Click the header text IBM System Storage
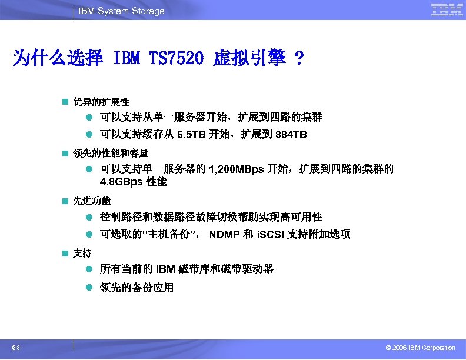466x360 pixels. point(121,11)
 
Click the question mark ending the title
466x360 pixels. point(299,59)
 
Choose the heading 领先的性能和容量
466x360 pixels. point(110,153)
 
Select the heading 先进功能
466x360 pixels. point(91,201)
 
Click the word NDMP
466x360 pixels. point(224,235)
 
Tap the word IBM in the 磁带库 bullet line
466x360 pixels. point(167,269)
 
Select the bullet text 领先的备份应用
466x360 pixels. point(137,288)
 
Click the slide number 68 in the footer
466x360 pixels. point(20,348)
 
